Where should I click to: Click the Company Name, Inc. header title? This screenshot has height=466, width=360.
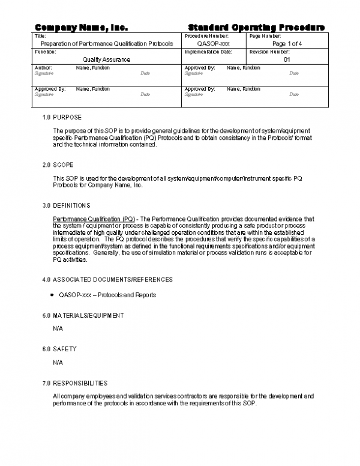coord(82,28)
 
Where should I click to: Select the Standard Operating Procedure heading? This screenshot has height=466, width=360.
coord(257,28)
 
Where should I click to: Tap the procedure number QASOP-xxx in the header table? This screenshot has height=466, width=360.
coord(213,44)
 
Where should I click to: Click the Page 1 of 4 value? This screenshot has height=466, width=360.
coord(287,44)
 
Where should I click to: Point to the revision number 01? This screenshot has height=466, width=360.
coord(287,59)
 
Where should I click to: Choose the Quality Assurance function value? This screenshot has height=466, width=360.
coord(106,59)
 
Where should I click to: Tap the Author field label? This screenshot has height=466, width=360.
coord(44,68)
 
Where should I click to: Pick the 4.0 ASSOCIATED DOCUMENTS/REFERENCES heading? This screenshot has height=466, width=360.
coord(107,279)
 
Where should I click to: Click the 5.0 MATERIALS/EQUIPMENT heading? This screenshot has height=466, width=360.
coord(83,315)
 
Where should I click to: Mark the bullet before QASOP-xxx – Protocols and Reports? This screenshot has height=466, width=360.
coord(53,295)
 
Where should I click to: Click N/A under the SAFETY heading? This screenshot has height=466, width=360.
coord(58,363)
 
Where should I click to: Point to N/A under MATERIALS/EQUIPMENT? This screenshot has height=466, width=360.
coord(58,329)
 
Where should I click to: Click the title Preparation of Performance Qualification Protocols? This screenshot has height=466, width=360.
coord(106,44)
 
